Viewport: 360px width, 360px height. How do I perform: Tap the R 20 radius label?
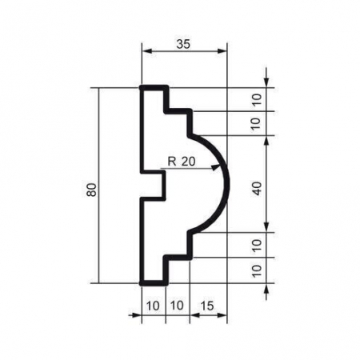[x=182, y=161]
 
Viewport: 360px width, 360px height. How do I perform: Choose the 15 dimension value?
[x=206, y=306]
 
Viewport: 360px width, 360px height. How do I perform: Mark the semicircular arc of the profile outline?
[x=227, y=184]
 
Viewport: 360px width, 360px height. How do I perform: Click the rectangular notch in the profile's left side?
[x=154, y=185]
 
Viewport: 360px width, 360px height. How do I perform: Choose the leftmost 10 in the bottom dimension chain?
[x=153, y=306]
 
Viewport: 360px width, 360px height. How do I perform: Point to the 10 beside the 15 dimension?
[x=177, y=306]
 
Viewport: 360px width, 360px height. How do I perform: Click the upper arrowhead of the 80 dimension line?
[x=99, y=90]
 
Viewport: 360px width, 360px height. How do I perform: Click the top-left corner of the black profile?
[x=142, y=87]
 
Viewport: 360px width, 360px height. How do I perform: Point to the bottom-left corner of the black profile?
[x=142, y=282]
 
